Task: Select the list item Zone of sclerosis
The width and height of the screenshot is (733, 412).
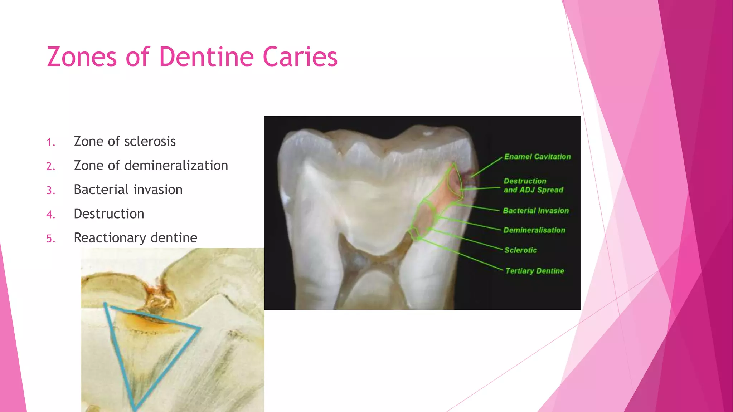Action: (x=125, y=142)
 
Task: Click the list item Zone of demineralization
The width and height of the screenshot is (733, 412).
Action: (x=151, y=166)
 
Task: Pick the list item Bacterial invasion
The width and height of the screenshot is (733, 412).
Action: (x=128, y=190)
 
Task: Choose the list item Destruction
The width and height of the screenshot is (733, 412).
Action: (x=109, y=214)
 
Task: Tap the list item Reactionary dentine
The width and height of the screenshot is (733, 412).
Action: (x=135, y=238)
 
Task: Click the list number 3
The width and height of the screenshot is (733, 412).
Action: (x=51, y=190)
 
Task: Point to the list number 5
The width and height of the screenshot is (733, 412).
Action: (x=51, y=239)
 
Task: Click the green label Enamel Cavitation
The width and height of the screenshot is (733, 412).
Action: (x=537, y=157)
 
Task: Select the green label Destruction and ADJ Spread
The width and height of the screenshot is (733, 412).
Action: (x=533, y=186)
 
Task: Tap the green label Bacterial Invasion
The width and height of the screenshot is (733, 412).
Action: (x=536, y=211)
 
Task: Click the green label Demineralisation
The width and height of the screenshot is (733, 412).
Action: (x=534, y=230)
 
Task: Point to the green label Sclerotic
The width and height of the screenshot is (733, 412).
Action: (x=520, y=250)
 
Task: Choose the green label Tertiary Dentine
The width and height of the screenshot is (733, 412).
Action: (x=535, y=271)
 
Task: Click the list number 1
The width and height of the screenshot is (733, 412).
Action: (x=51, y=142)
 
